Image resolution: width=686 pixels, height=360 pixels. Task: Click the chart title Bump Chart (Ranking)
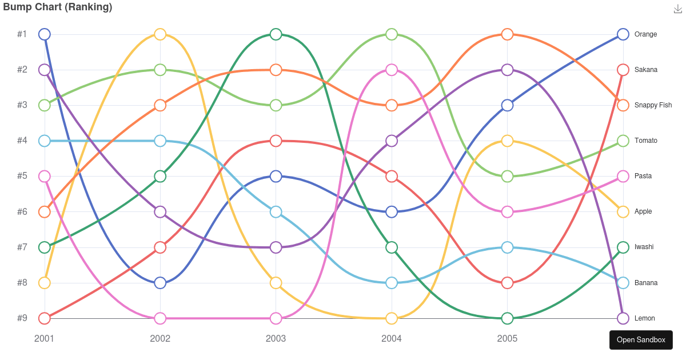57,7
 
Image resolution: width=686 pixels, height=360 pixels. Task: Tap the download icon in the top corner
678,9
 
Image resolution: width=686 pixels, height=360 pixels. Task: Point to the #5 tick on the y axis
22,176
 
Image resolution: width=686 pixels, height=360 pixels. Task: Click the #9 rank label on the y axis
22,318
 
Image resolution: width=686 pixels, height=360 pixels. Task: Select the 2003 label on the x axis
276,338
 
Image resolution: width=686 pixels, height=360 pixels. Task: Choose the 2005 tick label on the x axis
507,338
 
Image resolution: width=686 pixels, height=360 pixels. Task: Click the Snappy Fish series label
653,105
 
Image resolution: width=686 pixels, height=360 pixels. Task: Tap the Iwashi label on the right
644,247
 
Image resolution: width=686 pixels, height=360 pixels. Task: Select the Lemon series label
644,318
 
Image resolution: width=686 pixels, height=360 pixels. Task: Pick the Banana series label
645,283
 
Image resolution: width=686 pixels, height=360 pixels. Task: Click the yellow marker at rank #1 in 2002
160,34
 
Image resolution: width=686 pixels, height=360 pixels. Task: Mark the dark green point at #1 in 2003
276,34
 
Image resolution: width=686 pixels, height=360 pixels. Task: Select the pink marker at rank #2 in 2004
392,70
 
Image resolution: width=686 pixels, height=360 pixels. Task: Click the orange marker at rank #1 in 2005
507,34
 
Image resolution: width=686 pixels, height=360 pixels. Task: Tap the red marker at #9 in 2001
45,318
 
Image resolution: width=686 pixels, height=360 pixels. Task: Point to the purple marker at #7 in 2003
276,247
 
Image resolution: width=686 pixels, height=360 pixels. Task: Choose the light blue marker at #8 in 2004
392,283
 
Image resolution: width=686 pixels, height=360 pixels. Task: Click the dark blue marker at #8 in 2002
160,283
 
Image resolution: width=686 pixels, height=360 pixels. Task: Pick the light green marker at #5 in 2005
507,176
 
